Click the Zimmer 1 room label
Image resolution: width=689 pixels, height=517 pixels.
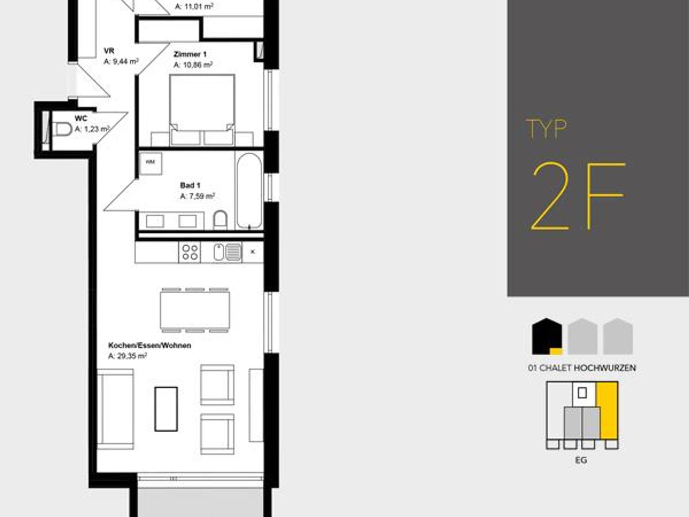pos(190,54)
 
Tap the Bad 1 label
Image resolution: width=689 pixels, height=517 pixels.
pos(190,185)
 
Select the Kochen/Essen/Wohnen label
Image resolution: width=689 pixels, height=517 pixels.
pos(150,346)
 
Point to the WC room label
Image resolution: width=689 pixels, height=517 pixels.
pos(81,118)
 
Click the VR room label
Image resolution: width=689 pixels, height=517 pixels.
pos(109,51)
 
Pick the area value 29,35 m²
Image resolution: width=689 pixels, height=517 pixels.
pos(128,356)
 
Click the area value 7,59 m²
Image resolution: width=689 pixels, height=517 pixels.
pos(197,196)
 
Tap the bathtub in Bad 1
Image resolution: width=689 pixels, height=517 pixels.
pos(249,191)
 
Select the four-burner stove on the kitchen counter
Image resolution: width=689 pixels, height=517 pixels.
pos(190,252)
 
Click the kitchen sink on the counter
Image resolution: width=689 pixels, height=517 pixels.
pos(228,252)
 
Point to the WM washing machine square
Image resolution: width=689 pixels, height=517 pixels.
pos(150,163)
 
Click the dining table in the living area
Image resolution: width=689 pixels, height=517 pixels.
pos(195,310)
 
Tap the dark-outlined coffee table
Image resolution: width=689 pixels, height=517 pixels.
pos(166,409)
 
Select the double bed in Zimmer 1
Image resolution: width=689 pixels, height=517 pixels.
pos(202,110)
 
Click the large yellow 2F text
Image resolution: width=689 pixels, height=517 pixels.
pos(577,197)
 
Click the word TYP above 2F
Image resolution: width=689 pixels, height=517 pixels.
pos(546,129)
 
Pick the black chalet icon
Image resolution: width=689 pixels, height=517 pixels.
pos(547,336)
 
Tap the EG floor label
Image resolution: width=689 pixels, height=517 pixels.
pos(581,460)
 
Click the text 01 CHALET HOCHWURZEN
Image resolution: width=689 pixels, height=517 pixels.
pos(582,368)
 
